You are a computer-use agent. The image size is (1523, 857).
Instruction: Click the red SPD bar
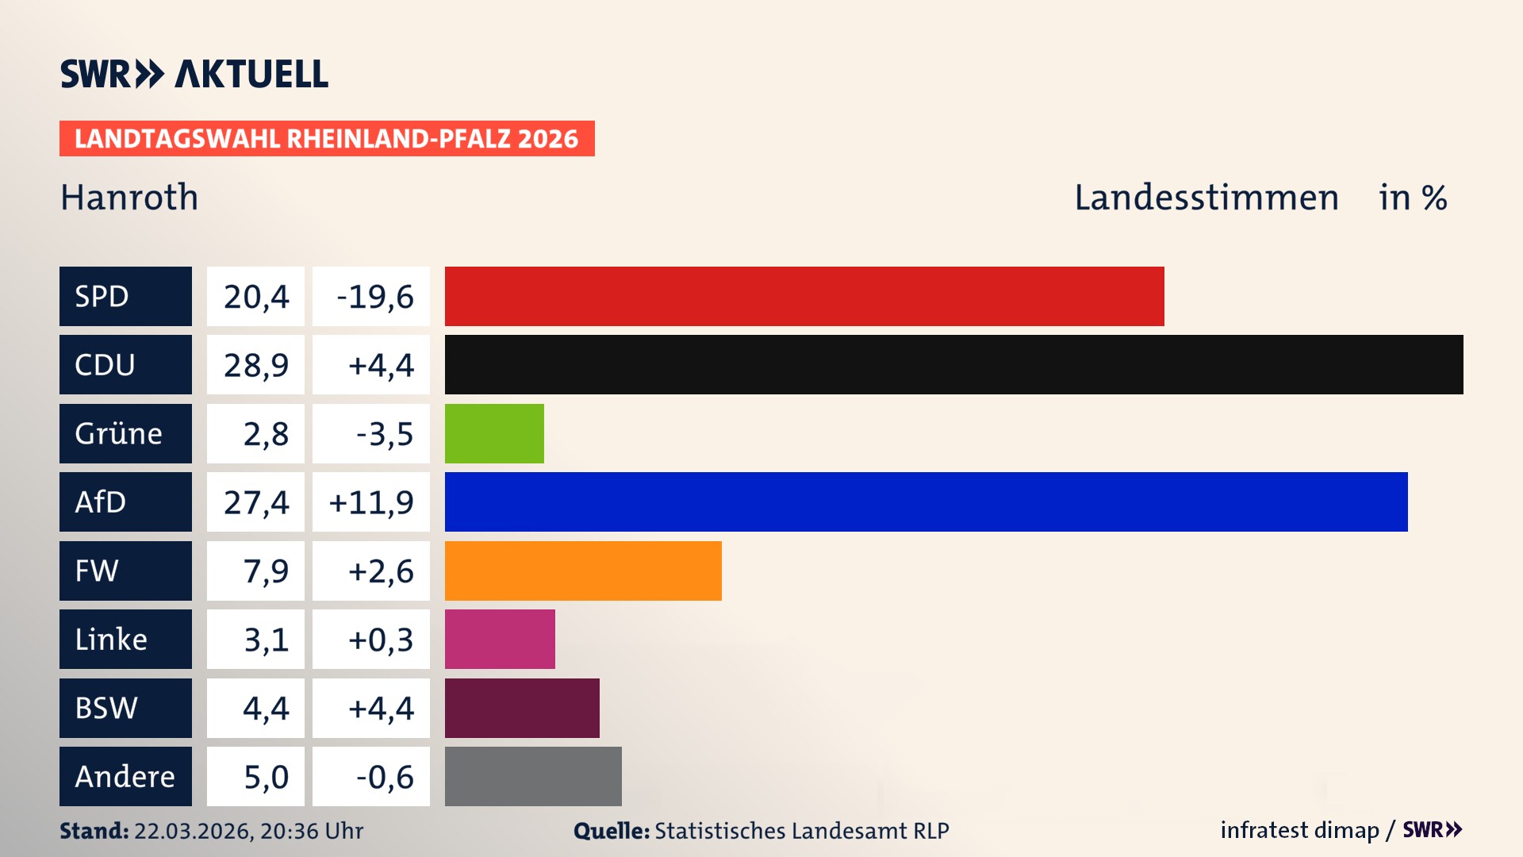click(x=804, y=296)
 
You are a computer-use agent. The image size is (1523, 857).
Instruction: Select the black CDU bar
click(x=953, y=364)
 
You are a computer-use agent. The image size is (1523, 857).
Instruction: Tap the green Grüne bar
click(x=494, y=433)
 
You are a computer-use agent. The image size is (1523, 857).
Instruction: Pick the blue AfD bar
click(x=926, y=502)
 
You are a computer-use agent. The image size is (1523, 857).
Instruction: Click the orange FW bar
click(x=583, y=571)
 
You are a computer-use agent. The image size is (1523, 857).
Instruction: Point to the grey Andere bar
click(x=533, y=776)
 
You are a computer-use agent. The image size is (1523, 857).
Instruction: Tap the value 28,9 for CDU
click(x=255, y=365)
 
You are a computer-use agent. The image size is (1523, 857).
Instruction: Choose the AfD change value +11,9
click(x=371, y=502)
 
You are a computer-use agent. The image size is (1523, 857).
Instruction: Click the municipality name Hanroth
click(x=129, y=198)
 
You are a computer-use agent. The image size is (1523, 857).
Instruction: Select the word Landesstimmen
click(x=1206, y=198)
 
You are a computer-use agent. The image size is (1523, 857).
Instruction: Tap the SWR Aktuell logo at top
click(x=194, y=74)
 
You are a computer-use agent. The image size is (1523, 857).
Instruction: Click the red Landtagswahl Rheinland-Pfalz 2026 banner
click(x=327, y=139)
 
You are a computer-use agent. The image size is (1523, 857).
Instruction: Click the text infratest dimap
click(x=1299, y=830)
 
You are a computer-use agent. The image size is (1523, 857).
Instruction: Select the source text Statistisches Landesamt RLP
click(x=801, y=831)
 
